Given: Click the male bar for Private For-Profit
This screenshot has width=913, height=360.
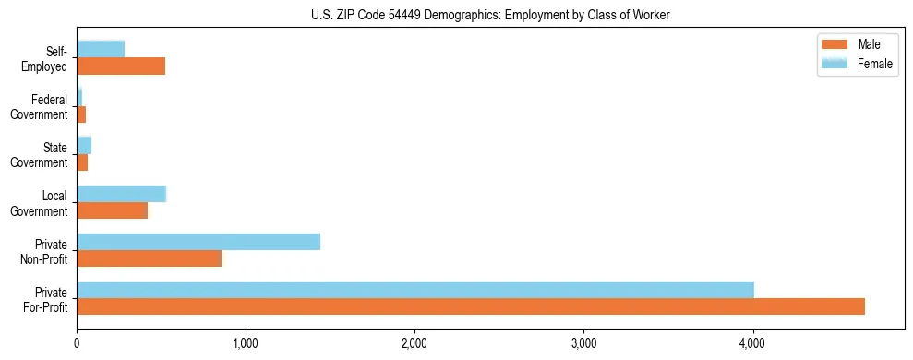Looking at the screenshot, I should [x=471, y=306].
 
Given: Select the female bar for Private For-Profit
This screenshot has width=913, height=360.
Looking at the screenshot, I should [x=415, y=290].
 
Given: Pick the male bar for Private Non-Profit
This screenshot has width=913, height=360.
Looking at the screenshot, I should [x=149, y=258].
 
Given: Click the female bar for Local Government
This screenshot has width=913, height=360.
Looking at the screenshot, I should [x=121, y=194].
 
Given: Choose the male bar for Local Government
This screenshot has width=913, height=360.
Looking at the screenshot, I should [x=112, y=210].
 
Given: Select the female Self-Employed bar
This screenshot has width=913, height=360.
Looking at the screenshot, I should [x=101, y=49].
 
